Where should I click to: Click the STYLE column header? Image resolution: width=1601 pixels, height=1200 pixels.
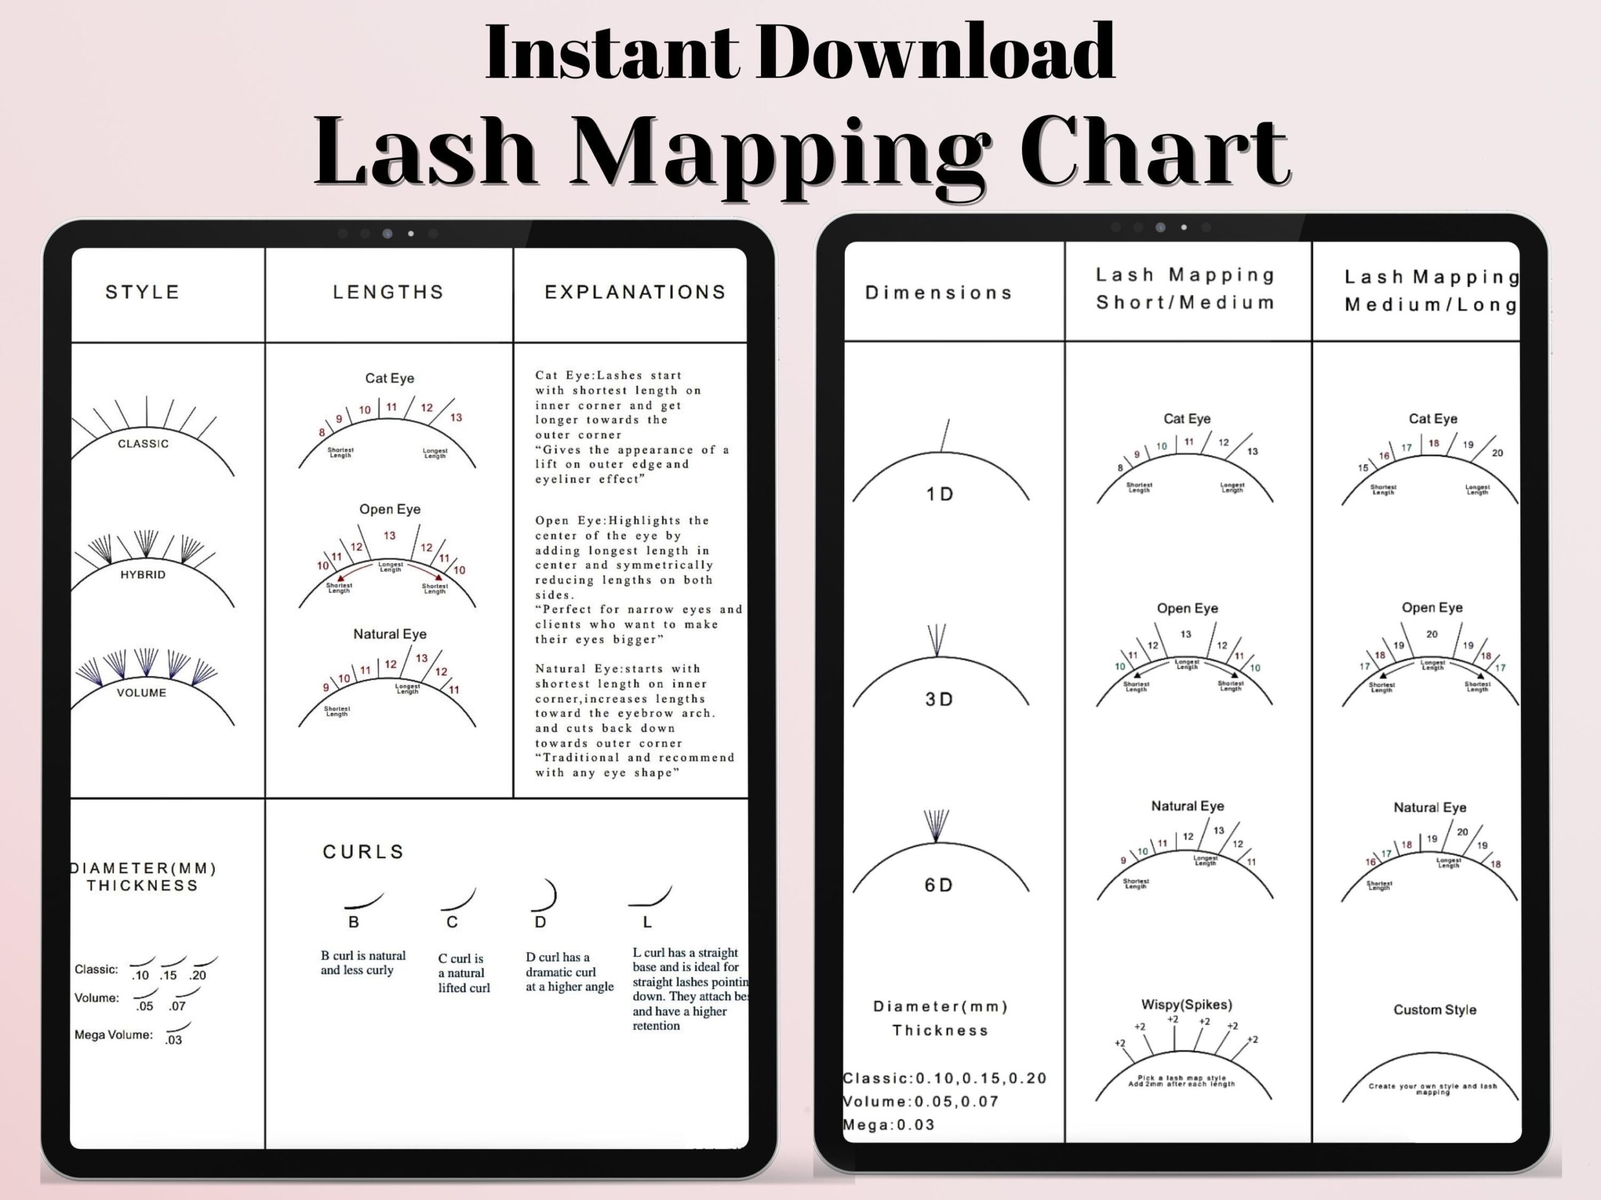(143, 292)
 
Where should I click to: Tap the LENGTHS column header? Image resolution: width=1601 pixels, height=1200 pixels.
(388, 292)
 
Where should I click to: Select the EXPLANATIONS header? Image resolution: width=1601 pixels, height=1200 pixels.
(635, 292)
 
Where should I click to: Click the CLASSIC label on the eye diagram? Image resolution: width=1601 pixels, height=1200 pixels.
(143, 443)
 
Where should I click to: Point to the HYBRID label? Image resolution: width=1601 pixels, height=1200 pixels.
(143, 574)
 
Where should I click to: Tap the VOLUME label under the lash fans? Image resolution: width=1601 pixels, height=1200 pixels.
(142, 692)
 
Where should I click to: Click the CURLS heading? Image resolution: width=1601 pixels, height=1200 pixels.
(363, 851)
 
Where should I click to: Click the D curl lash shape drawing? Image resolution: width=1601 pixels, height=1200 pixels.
(547, 896)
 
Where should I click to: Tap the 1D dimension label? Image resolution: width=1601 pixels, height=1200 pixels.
(939, 494)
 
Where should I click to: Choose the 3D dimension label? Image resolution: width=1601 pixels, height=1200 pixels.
(939, 699)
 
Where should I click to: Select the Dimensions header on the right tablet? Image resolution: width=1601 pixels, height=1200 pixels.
(939, 292)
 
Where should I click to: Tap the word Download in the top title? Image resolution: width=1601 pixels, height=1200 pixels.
(934, 52)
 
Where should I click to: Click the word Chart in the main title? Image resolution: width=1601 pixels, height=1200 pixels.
(1154, 151)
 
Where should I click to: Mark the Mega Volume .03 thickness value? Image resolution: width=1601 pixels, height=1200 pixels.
(174, 1040)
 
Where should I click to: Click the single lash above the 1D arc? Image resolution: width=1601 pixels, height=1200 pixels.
(944, 436)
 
